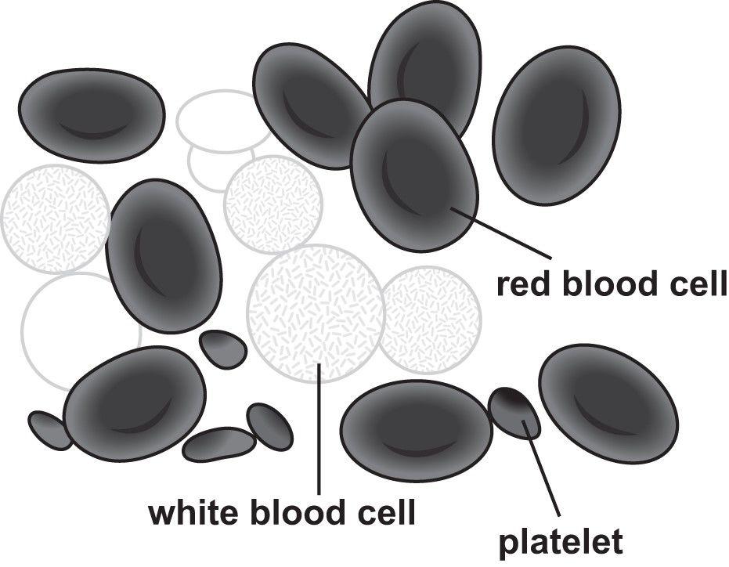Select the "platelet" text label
[561, 541]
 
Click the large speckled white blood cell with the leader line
[316, 313]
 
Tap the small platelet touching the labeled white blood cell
[223, 349]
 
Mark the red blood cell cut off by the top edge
[424, 63]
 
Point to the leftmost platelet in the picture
[50, 430]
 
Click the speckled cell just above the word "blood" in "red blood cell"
[430, 320]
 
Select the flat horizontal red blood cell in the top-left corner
[92, 115]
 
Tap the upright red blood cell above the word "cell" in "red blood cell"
[557, 125]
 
